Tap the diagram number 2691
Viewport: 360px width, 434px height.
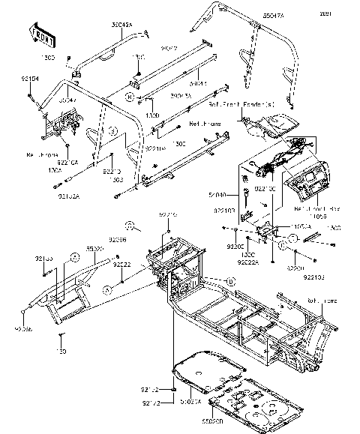pos(346,13)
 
